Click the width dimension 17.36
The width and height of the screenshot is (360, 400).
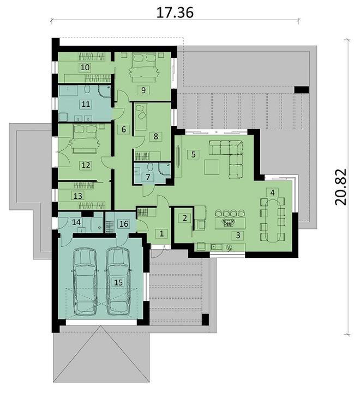click(175, 13)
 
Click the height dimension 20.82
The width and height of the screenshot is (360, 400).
click(341, 187)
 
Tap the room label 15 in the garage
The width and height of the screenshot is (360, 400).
click(118, 282)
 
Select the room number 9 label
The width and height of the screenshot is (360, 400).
click(143, 90)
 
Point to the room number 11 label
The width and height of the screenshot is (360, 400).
click(86, 104)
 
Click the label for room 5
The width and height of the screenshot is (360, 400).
click(193, 154)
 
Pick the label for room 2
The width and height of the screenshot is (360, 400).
click(185, 218)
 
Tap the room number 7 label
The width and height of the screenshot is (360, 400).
click(148, 177)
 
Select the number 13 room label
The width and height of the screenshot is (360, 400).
click(78, 196)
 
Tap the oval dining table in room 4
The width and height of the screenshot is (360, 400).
click(273, 220)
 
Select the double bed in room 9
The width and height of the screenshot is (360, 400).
click(143, 67)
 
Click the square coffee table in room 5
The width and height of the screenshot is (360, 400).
click(212, 167)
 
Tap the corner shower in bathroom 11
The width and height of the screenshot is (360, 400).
click(105, 91)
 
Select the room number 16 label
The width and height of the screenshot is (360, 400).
click(124, 224)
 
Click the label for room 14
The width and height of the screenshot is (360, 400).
click(76, 222)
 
